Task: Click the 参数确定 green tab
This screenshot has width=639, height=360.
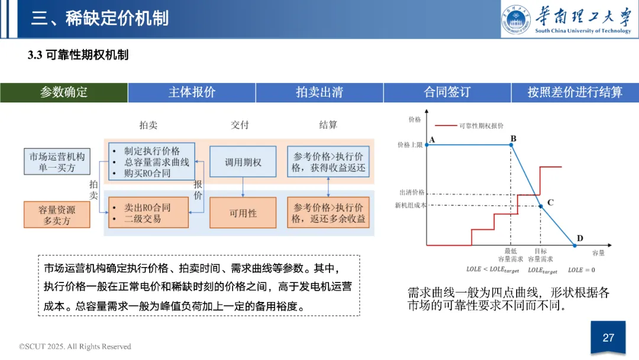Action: tap(64, 92)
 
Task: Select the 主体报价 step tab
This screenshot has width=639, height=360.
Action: tap(192, 92)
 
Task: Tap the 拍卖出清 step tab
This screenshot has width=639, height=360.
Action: tap(319, 92)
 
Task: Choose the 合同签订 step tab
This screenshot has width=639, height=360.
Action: tap(447, 92)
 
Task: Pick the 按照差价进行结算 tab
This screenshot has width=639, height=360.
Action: tap(575, 92)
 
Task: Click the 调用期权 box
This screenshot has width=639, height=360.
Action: tap(243, 162)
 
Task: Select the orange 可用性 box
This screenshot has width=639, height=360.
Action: tap(243, 213)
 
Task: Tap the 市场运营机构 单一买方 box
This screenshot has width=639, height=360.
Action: tap(57, 162)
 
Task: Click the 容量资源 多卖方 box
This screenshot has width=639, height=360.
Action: tap(57, 214)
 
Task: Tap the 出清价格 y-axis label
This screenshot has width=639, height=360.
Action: tap(412, 192)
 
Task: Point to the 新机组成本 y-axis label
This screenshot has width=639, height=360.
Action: tap(410, 205)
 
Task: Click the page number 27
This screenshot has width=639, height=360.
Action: tap(608, 338)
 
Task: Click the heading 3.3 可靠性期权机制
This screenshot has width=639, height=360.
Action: tap(78, 56)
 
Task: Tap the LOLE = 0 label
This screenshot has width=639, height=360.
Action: tap(582, 269)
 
